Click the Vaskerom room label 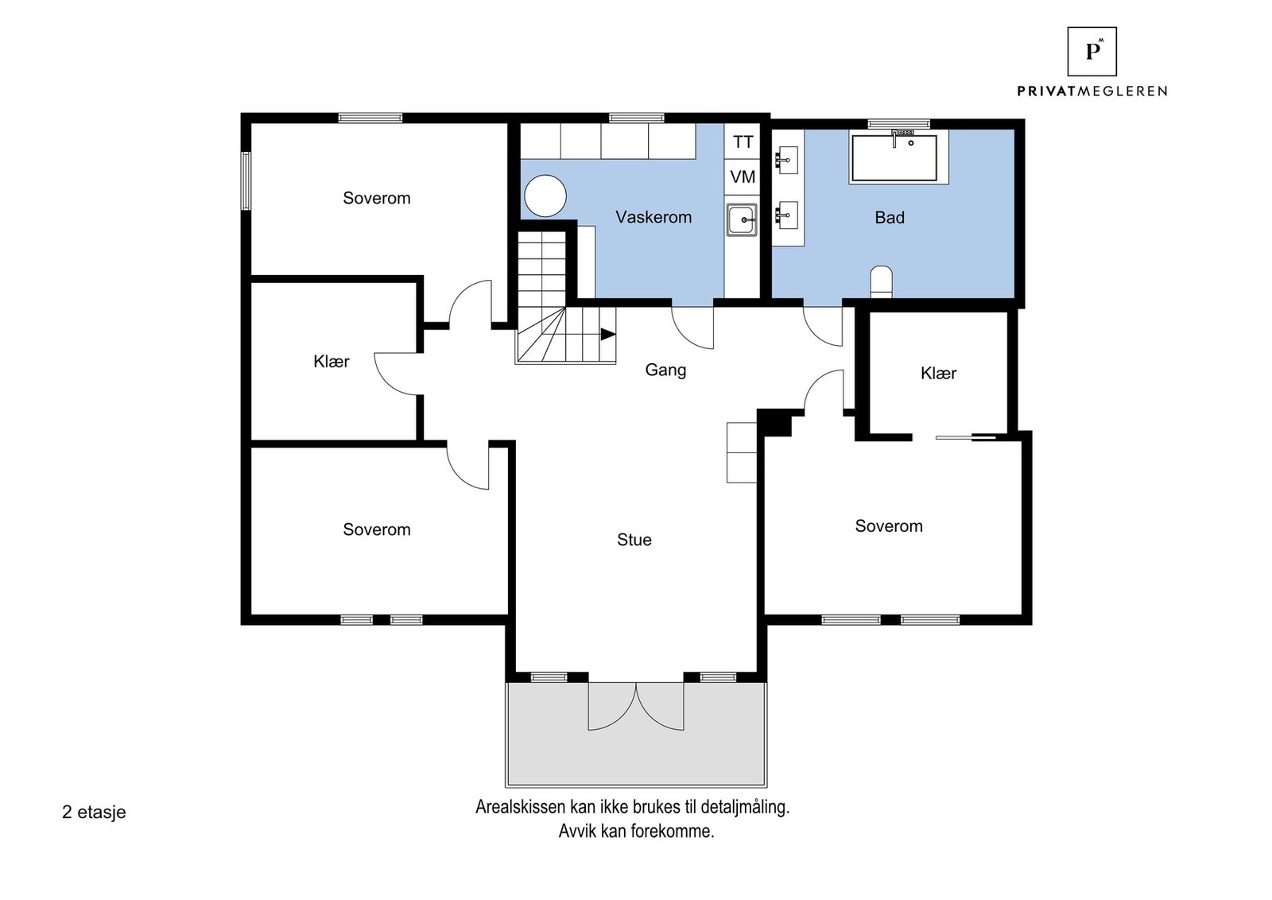[653, 217]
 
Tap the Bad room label [890, 218]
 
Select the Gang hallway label [665, 370]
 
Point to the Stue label [634, 539]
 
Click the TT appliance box [743, 142]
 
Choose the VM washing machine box [743, 177]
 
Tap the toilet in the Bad [882, 281]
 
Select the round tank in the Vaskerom [545, 196]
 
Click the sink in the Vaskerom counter [742, 219]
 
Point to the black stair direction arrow [607, 335]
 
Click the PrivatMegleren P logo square [1092, 52]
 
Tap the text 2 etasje [94, 813]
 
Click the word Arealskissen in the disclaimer [521, 807]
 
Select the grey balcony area [636, 734]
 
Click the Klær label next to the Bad [938, 373]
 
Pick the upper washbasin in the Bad [787, 160]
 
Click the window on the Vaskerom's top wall [637, 118]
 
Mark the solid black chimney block [774, 422]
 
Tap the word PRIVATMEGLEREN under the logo [1092, 91]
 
